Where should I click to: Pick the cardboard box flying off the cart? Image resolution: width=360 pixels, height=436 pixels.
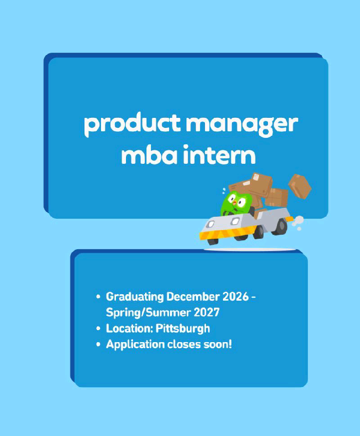point(299,186)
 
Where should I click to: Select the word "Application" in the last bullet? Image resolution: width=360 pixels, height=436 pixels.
point(134,345)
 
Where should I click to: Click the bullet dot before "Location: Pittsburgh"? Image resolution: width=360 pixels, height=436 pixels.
point(98,329)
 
